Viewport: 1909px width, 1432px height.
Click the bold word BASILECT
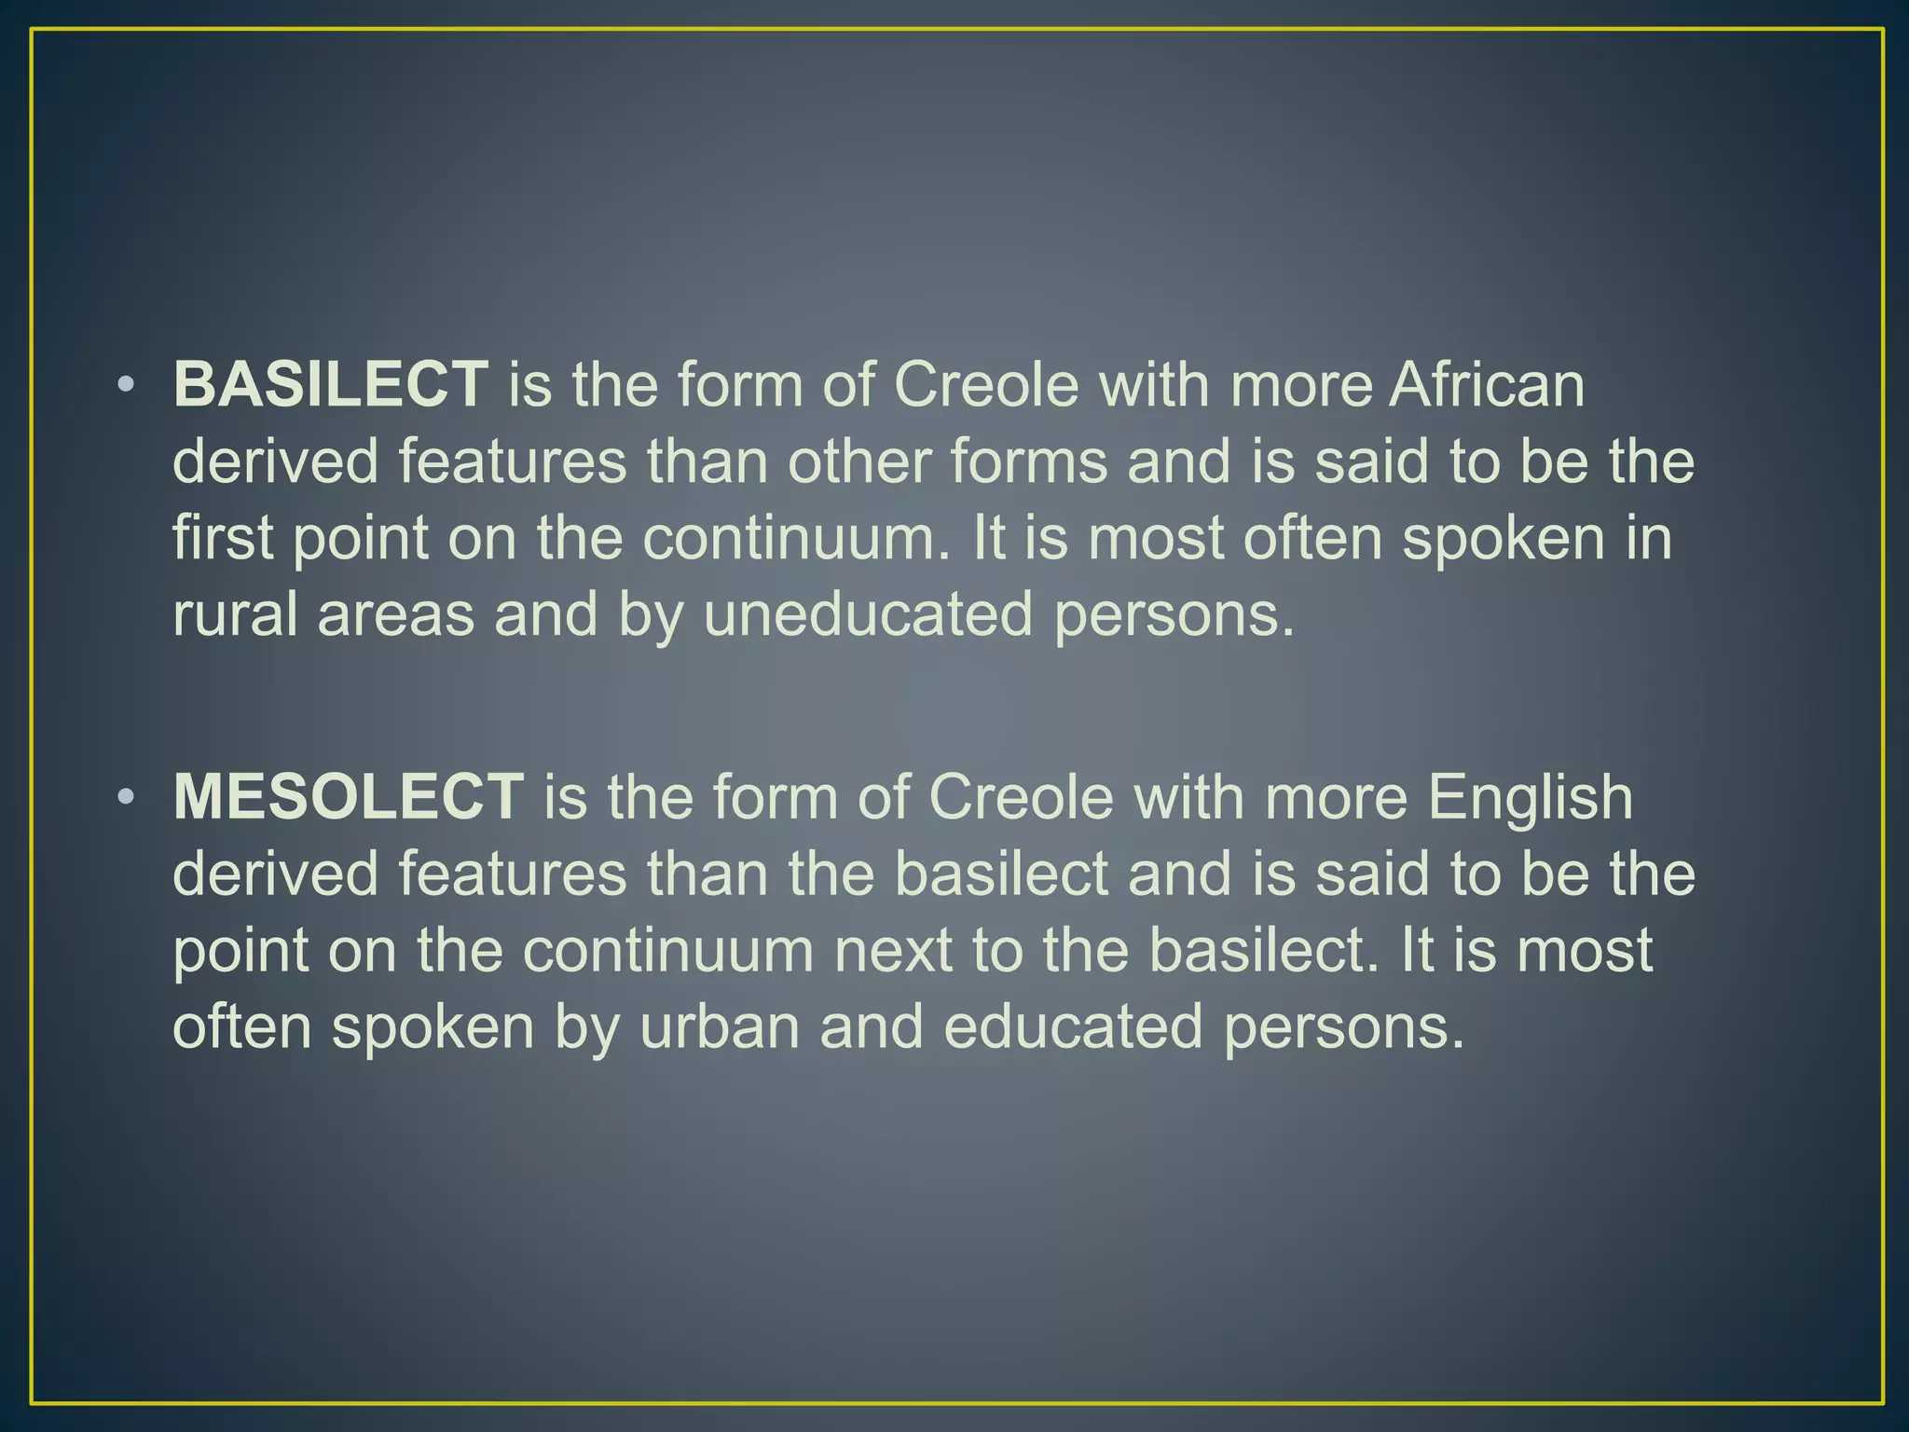pyautogui.click(x=330, y=384)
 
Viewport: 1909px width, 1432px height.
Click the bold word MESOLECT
pyautogui.click(x=348, y=797)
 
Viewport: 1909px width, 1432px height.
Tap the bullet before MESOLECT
pyautogui.click(x=127, y=798)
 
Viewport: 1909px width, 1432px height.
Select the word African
pyautogui.click(x=1487, y=384)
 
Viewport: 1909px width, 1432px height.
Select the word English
pyautogui.click(x=1531, y=797)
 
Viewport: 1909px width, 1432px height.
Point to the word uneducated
pyautogui.click(x=868, y=615)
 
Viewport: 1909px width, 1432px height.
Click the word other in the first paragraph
pyautogui.click(x=858, y=461)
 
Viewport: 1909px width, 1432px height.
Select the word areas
pyautogui.click(x=395, y=615)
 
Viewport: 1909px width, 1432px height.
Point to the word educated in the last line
pyautogui.click(x=1072, y=1026)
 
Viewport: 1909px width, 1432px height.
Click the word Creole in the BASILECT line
pyautogui.click(x=986, y=384)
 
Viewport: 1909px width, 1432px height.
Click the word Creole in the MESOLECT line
pyautogui.click(x=1022, y=797)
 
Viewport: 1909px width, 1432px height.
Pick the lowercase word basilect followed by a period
pyautogui.click(x=1263, y=950)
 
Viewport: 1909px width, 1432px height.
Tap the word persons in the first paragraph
pyautogui.click(x=1174, y=615)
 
